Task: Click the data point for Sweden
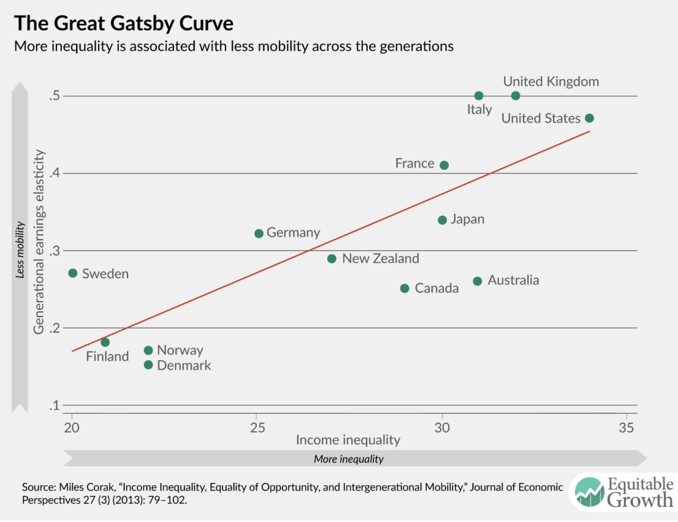[x=73, y=273]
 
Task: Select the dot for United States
[x=589, y=118]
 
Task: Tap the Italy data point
[x=479, y=95]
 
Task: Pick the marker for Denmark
[x=148, y=365]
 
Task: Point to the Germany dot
[x=259, y=233]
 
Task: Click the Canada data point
[x=404, y=289]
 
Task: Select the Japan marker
[x=442, y=220]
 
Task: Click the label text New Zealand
[x=380, y=258]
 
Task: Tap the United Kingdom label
[x=551, y=82]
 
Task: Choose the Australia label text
[x=513, y=280]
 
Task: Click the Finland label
[x=107, y=356]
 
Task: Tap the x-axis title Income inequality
[x=348, y=440]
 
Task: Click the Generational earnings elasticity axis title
[x=39, y=241]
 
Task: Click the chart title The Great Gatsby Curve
[x=123, y=24]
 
